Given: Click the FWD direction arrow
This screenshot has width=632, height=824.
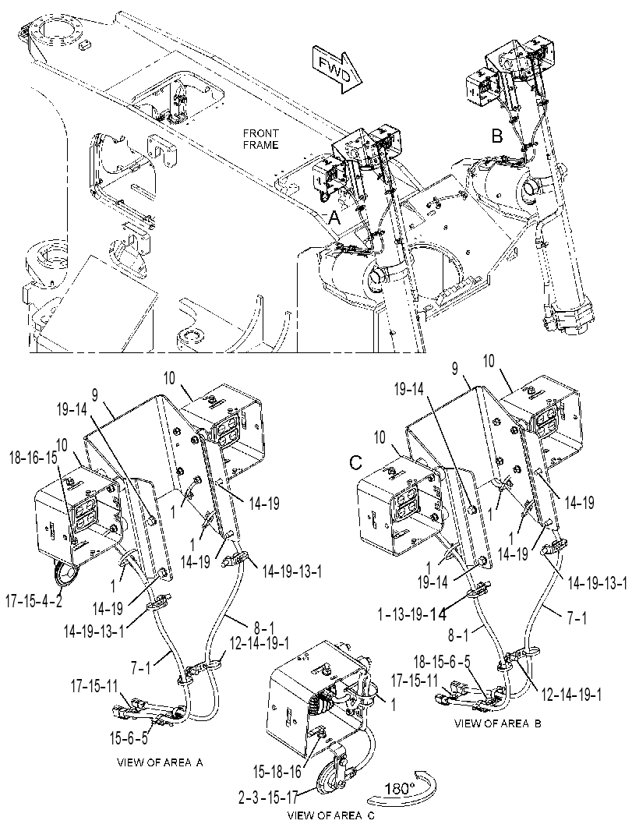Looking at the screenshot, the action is (337, 70).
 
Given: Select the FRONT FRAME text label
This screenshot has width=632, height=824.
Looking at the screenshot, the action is (260, 140).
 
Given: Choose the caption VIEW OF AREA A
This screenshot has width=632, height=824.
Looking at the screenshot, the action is (160, 762).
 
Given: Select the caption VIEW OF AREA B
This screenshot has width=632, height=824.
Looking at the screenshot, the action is (497, 723).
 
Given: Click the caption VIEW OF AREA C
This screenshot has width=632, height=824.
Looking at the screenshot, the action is (331, 815).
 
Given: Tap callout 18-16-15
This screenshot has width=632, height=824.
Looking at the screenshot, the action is (33, 457).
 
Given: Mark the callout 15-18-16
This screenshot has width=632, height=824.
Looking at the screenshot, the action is (277, 772).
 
